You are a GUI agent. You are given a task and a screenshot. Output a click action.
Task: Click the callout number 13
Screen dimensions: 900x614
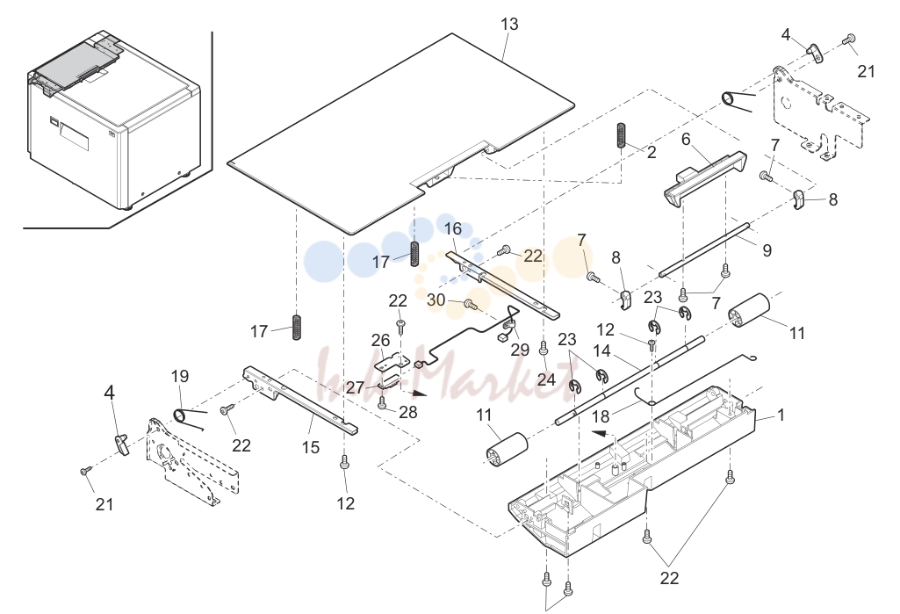pyautogui.click(x=509, y=24)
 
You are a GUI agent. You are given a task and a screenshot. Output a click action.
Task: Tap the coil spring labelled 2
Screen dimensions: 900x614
pyautogui.click(x=621, y=135)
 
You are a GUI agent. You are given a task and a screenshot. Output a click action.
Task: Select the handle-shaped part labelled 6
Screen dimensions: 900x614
pyautogui.click(x=705, y=177)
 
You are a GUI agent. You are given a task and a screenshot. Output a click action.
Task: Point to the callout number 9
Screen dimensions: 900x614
pyautogui.click(x=767, y=250)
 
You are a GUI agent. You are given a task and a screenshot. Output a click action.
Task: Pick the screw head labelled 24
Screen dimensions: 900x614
pyautogui.click(x=543, y=348)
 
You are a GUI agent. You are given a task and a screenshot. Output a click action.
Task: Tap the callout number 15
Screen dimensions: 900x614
pyautogui.click(x=311, y=447)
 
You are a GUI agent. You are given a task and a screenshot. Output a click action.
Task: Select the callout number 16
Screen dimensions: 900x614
pyautogui.click(x=453, y=228)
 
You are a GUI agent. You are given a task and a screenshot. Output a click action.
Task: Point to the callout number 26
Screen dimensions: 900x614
pyautogui.click(x=380, y=341)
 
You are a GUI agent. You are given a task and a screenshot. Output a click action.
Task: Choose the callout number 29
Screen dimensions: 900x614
pyautogui.click(x=520, y=350)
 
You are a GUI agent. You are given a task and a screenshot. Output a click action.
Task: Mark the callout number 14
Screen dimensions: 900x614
pyautogui.click(x=601, y=350)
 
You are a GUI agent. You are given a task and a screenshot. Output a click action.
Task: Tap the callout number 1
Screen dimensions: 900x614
pyautogui.click(x=780, y=414)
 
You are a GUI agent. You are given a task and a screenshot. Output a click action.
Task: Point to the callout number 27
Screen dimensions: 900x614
pyautogui.click(x=356, y=387)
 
